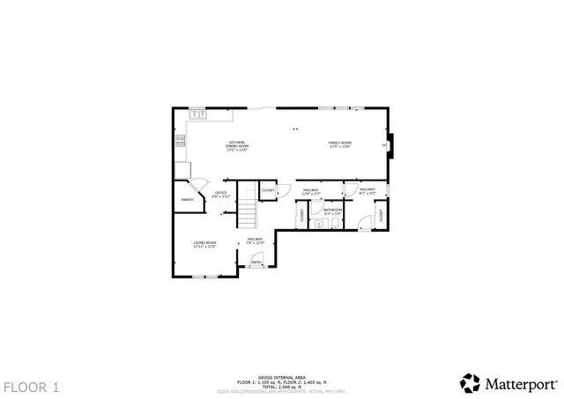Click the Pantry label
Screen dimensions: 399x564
tap(187, 200)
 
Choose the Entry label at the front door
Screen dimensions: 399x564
tap(256, 262)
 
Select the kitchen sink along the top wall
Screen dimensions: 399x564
tap(197, 113)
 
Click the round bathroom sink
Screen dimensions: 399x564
tap(319, 224)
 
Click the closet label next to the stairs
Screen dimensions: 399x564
tap(269, 190)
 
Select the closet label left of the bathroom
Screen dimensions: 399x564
tap(301, 214)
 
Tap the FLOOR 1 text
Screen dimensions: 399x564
tap(32, 387)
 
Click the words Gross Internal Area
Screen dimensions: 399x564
tap(281, 376)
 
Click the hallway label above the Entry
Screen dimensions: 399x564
tap(255, 240)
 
